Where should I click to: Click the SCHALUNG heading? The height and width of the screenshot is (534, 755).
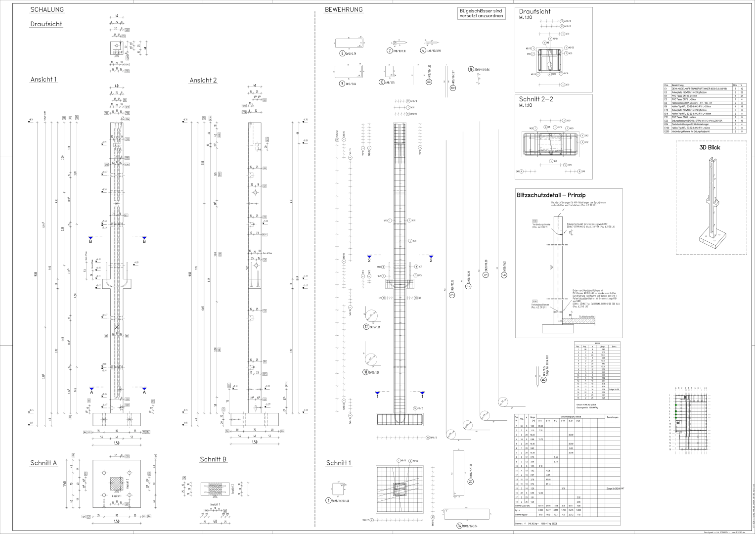click(x=47, y=10)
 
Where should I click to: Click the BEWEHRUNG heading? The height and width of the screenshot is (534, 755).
click(x=344, y=10)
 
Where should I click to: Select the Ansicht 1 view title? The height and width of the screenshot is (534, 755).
click(x=44, y=80)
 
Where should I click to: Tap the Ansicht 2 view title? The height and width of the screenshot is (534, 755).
click(x=203, y=80)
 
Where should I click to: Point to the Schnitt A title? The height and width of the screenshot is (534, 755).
click(x=44, y=463)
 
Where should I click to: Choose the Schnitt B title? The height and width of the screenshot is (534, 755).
click(x=213, y=459)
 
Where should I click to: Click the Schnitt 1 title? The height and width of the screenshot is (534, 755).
click(x=339, y=463)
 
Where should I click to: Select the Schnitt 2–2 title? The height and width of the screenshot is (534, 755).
click(x=536, y=99)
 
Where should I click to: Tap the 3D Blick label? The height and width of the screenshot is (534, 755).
click(x=710, y=147)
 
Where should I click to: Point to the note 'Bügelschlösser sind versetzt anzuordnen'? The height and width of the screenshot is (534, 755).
click(x=481, y=13)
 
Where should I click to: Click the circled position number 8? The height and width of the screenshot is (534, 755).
click(x=342, y=53)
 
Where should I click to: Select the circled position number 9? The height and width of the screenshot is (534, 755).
click(x=342, y=84)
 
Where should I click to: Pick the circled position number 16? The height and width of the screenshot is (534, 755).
click(x=471, y=69)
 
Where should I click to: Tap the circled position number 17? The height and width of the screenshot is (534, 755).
click(x=366, y=326)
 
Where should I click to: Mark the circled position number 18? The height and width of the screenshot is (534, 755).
click(x=366, y=372)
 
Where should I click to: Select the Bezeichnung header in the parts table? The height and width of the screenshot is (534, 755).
click(x=677, y=86)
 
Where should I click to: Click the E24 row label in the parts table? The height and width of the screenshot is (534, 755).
click(x=666, y=124)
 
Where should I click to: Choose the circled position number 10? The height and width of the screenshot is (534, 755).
click(x=382, y=82)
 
